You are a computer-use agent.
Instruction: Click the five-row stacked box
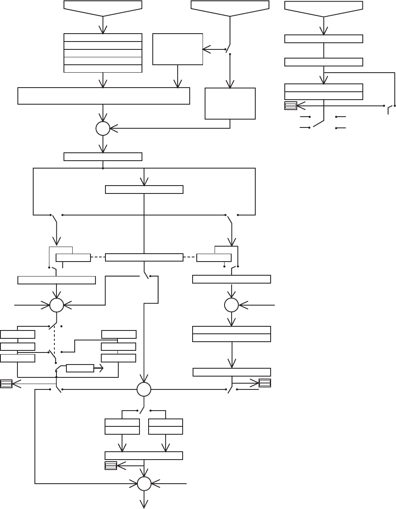[x=103, y=53]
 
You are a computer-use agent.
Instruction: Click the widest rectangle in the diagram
[x=104, y=96]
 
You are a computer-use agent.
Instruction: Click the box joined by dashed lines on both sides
[x=144, y=257]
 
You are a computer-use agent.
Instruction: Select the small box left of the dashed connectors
[x=73, y=257]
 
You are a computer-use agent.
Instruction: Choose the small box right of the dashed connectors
[x=214, y=257]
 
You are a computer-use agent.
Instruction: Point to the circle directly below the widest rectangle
[x=103, y=129]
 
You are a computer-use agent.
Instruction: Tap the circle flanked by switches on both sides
[x=144, y=389]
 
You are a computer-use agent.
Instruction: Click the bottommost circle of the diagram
[x=144, y=484]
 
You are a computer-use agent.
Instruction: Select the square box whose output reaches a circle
[x=230, y=103]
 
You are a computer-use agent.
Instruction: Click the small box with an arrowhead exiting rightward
[x=80, y=368]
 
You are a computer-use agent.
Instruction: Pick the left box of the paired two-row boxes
[x=122, y=427]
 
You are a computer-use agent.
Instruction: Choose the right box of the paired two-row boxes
[x=166, y=427]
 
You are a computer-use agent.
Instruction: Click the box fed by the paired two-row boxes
[x=144, y=455]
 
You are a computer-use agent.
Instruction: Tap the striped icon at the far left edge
[x=6, y=384]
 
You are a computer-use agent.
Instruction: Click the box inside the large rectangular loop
[x=144, y=189]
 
